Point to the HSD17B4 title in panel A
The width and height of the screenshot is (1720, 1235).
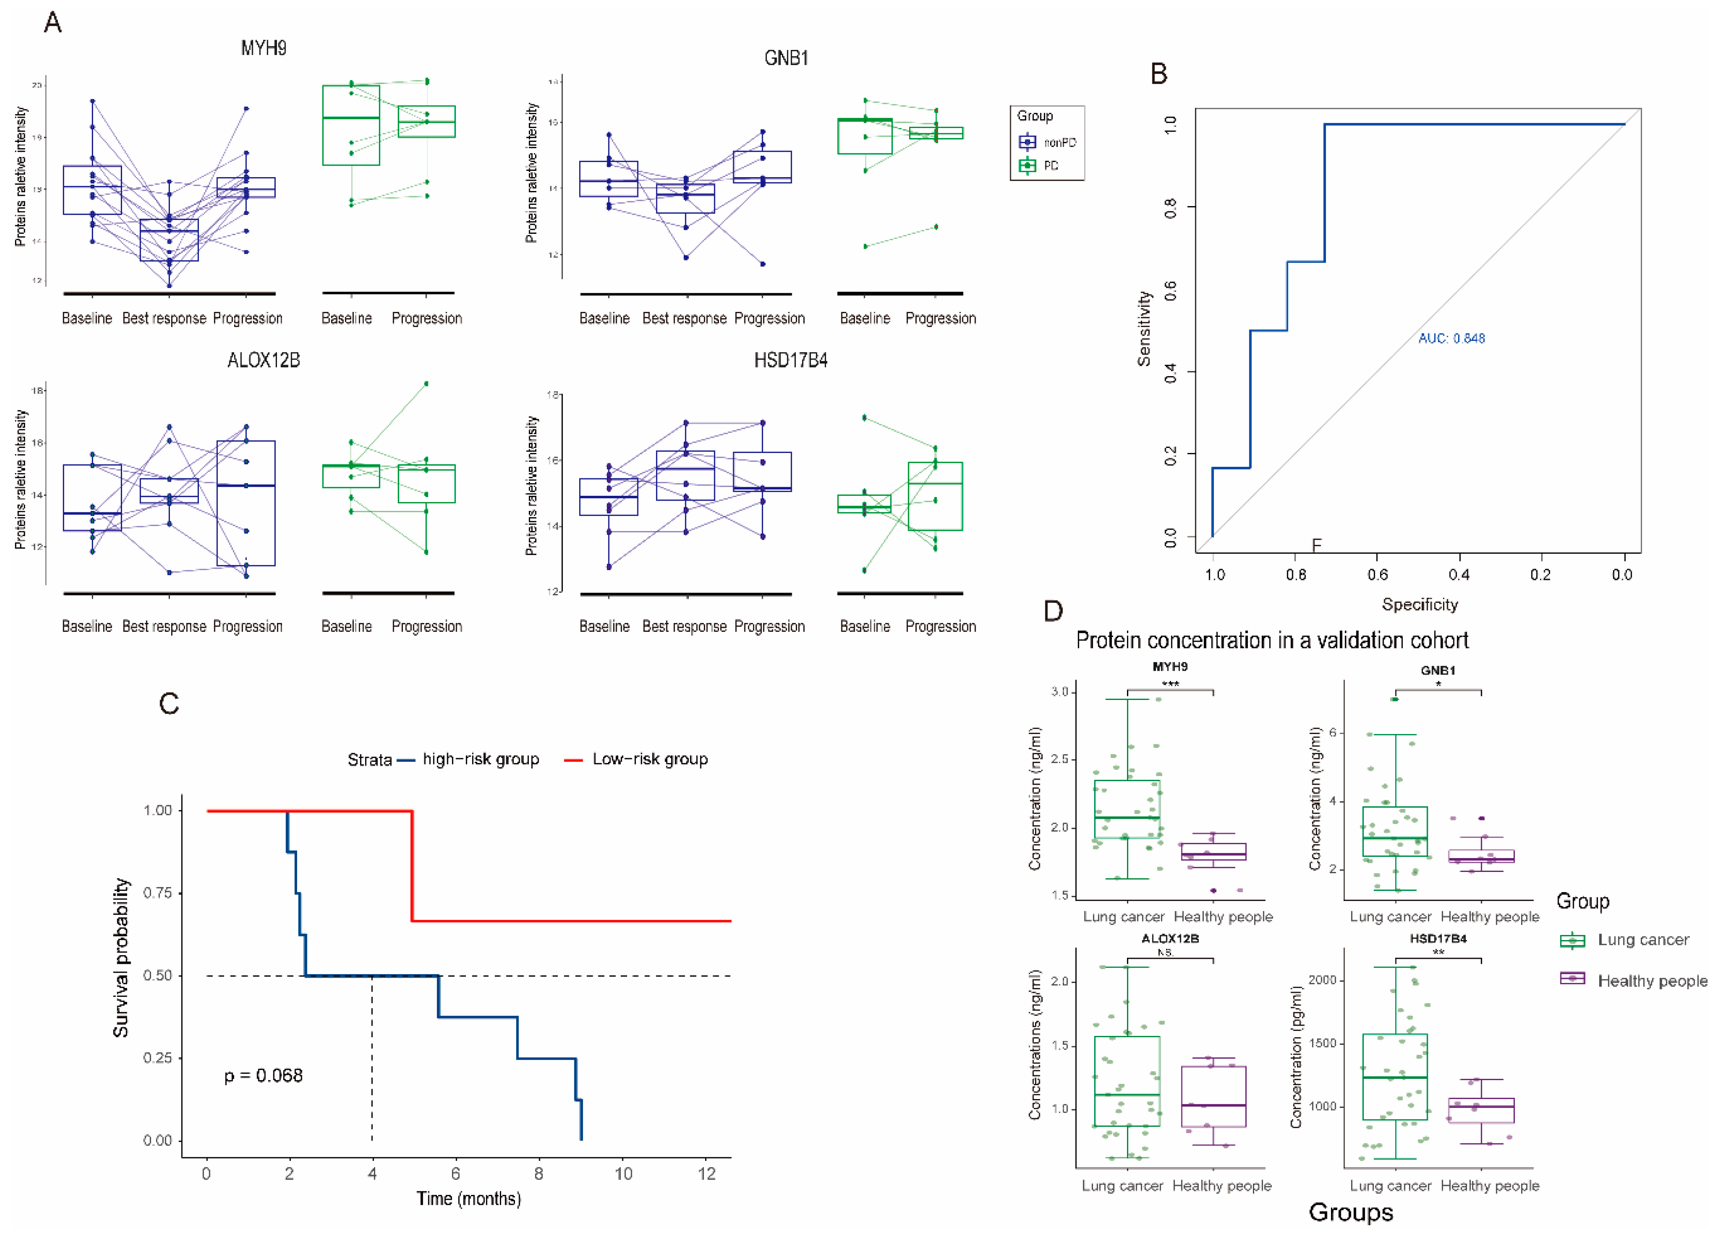click(x=790, y=360)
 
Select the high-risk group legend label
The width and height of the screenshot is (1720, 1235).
click(x=480, y=759)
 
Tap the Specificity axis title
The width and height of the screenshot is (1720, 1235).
click(x=1419, y=604)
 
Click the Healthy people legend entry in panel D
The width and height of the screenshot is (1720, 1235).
click(x=1652, y=981)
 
